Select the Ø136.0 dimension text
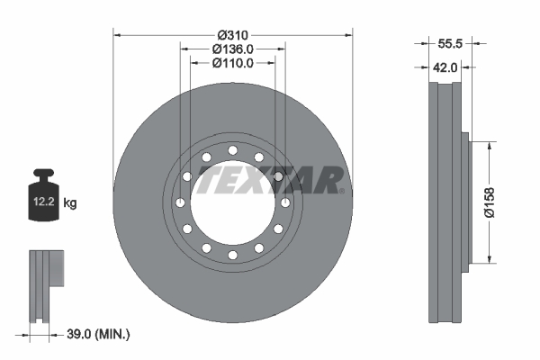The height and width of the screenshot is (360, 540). click(x=233, y=49)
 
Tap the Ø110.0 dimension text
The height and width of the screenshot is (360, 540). click(x=233, y=63)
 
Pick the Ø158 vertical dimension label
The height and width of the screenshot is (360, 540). click(x=490, y=202)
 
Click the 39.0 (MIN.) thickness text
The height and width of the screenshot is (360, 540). click(x=98, y=334)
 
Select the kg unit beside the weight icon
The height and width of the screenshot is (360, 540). click(x=70, y=203)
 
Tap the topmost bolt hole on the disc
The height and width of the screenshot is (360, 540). click(x=232, y=149)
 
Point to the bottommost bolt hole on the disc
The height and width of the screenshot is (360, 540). click(x=232, y=256)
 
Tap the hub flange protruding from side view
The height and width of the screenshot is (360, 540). click(x=465, y=202)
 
